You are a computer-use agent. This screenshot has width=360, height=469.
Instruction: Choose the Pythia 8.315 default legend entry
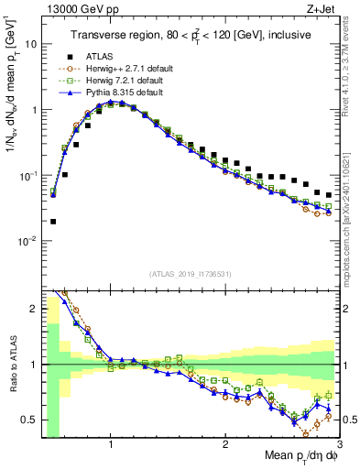click(120, 93)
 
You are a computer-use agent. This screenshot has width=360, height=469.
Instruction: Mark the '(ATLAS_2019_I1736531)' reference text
click(191, 274)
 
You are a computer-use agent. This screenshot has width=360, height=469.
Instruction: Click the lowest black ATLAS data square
click(53, 221)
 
